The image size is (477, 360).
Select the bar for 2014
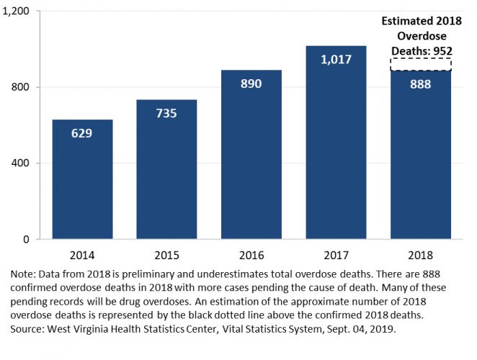click(x=82, y=179)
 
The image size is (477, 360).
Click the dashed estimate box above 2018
click(x=421, y=64)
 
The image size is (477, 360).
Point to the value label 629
click(x=82, y=132)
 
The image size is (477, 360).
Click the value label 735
click(x=166, y=113)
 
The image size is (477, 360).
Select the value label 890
click(x=251, y=84)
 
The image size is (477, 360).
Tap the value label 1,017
click(x=336, y=59)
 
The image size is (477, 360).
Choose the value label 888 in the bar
click(x=421, y=84)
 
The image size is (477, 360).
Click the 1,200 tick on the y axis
click(x=15, y=12)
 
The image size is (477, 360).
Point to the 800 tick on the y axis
click(x=19, y=87)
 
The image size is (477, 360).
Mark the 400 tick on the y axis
click(x=19, y=163)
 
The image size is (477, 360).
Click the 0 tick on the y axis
click(x=25, y=239)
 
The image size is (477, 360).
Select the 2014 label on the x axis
click(x=82, y=255)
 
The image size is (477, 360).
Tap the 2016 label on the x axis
click(x=251, y=255)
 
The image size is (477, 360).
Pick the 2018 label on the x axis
click(x=421, y=255)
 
